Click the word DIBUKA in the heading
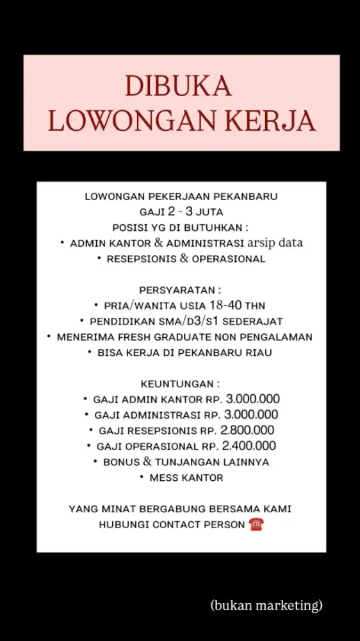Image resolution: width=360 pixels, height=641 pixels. (178, 87)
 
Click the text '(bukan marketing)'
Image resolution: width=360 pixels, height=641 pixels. (266, 604)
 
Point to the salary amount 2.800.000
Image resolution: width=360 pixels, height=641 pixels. (248, 430)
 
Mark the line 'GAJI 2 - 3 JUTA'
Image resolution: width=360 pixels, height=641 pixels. (180, 210)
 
